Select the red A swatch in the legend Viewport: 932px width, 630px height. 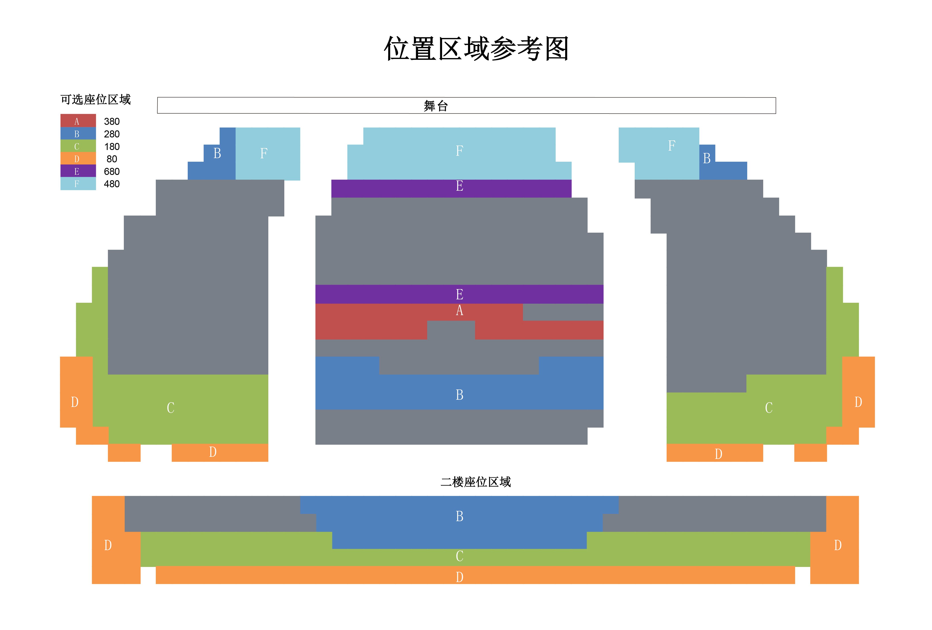pyautogui.click(x=78, y=121)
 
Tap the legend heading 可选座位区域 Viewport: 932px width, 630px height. pyautogui.click(x=95, y=99)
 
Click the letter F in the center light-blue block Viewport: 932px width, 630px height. pyautogui.click(x=459, y=151)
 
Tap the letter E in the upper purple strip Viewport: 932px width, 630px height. pyautogui.click(x=459, y=186)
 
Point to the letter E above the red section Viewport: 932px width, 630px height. pyautogui.click(x=459, y=294)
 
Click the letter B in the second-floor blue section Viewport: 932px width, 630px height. pyautogui.click(x=459, y=516)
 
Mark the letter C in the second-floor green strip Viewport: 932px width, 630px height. pyautogui.click(x=459, y=556)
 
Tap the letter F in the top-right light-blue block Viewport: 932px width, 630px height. pyautogui.click(x=672, y=146)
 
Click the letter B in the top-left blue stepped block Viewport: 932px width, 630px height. pyautogui.click(x=217, y=153)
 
